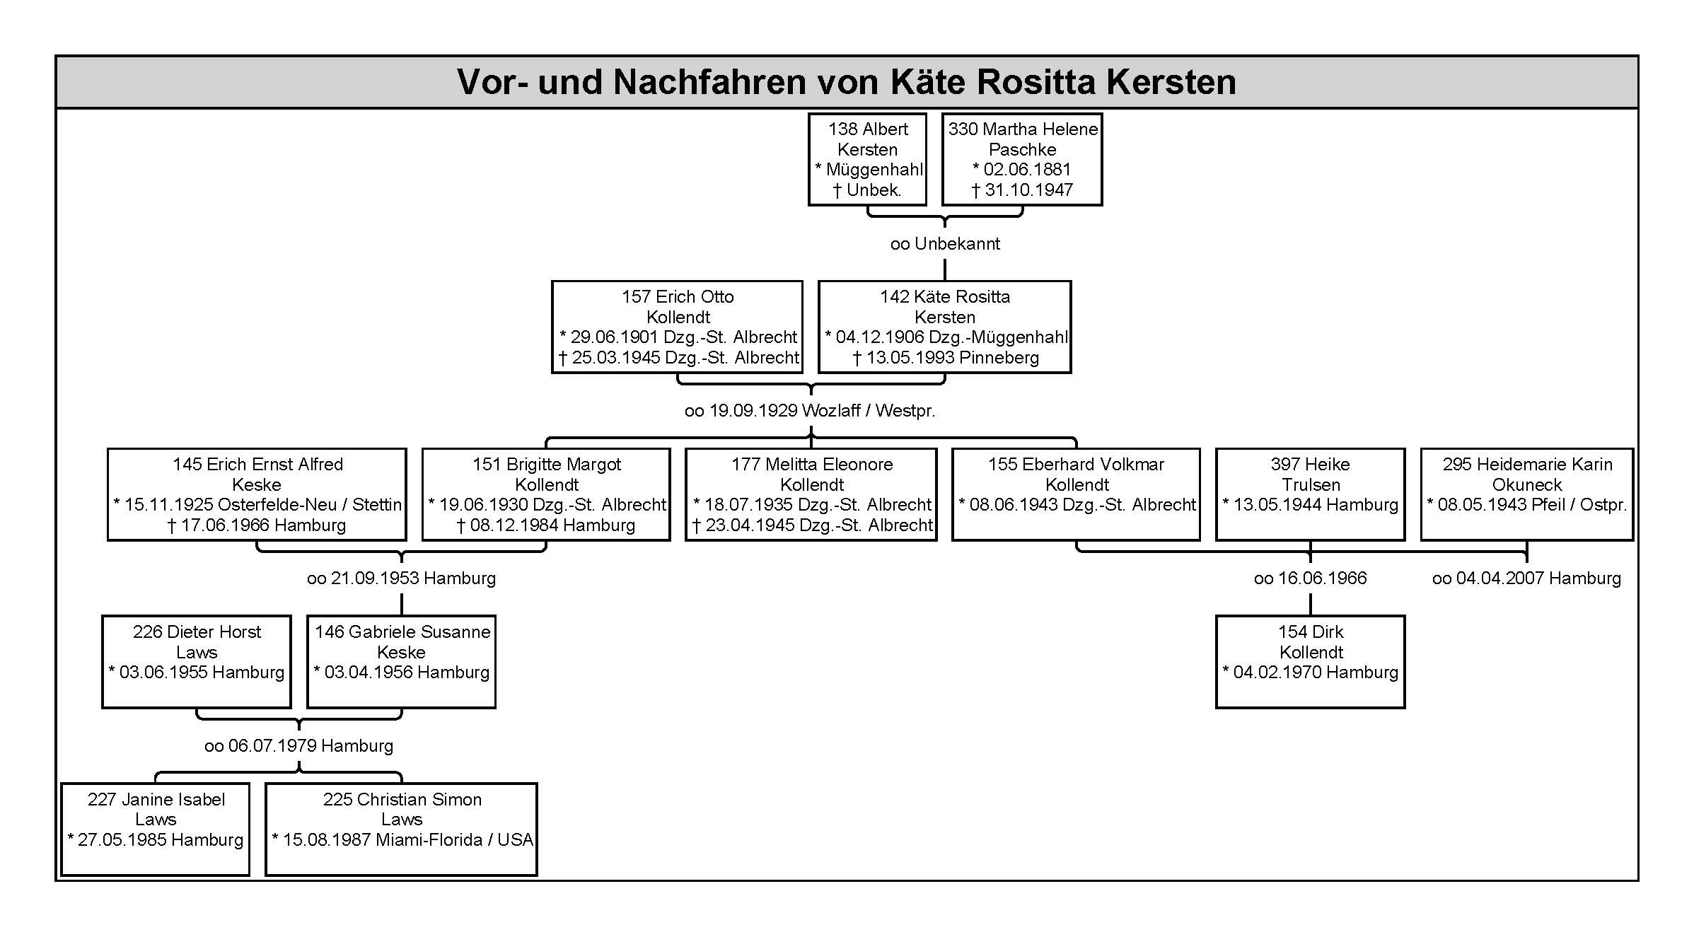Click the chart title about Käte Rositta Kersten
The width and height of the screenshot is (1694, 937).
[x=846, y=81]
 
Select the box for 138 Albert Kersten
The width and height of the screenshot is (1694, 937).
[x=867, y=159]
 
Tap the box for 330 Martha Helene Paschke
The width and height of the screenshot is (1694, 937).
[x=1022, y=159]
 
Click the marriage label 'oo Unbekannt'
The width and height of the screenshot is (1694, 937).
[x=945, y=244]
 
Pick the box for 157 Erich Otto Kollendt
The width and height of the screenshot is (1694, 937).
[x=678, y=327]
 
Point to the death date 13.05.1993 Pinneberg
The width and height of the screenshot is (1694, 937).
[x=946, y=358]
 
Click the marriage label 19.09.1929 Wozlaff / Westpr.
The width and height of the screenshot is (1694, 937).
[x=810, y=411]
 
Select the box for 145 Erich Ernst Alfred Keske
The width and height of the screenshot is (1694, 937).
[x=257, y=494]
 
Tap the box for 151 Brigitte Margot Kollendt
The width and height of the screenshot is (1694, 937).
[x=546, y=494]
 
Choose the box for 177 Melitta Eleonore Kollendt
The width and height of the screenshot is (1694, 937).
[x=811, y=494]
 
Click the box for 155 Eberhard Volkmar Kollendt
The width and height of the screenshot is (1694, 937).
[x=1076, y=494]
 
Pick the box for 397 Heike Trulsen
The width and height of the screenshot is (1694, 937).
[x=1310, y=494]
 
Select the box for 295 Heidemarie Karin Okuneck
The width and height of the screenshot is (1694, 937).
[x=1527, y=494]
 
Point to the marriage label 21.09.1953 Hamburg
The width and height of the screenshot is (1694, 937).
[x=401, y=578]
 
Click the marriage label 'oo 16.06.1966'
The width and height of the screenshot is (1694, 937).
[x=1310, y=578]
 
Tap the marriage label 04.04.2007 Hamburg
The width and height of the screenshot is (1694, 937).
[x=1526, y=578]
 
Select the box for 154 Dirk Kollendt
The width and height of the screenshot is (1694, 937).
[x=1310, y=662]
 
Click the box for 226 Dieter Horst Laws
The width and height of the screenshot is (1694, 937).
[x=197, y=662]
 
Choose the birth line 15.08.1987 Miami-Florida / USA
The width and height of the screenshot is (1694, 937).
[x=402, y=840]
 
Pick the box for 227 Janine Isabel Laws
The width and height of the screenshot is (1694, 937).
[x=156, y=830]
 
